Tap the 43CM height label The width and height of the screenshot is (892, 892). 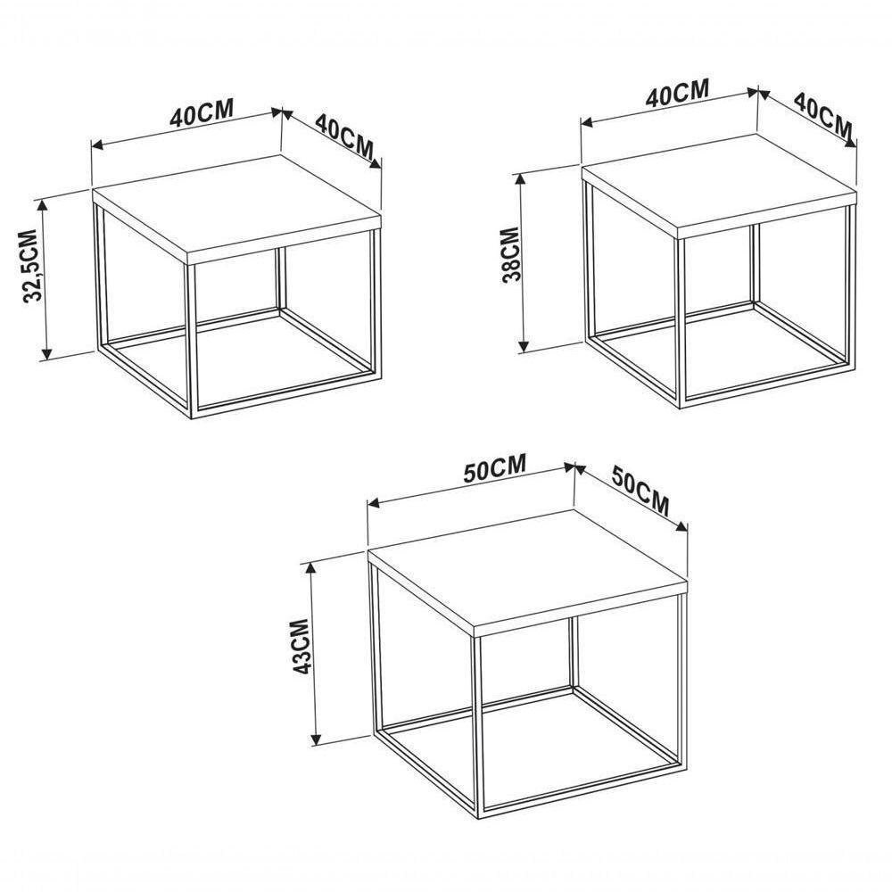[300, 646]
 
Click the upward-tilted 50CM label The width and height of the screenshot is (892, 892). [494, 467]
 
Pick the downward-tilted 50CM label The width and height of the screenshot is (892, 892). [640, 491]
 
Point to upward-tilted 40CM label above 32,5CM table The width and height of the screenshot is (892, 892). [202, 112]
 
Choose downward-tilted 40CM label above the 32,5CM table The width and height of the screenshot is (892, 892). [344, 137]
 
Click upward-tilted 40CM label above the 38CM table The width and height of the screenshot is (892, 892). [677, 94]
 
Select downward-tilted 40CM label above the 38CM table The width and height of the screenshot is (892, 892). [823, 117]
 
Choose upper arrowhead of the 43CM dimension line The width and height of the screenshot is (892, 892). [310, 569]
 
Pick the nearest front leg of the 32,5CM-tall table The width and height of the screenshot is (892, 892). [192, 341]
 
